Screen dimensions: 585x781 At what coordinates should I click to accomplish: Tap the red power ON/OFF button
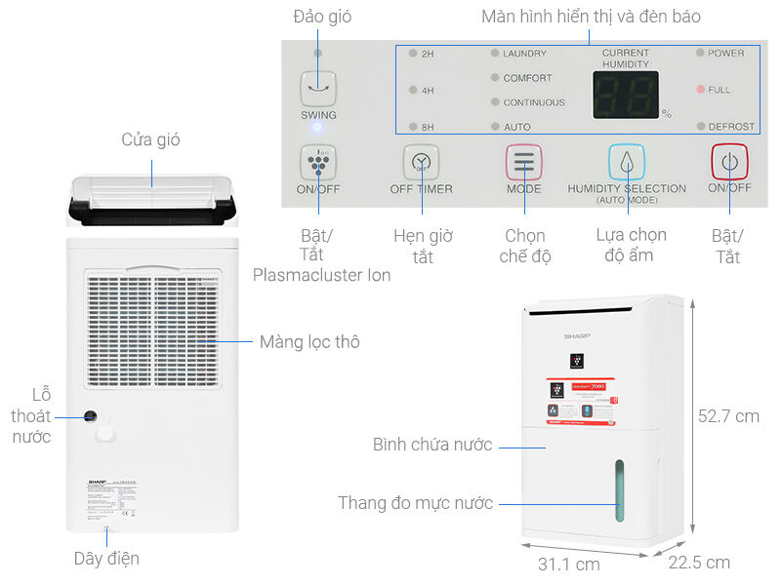728,161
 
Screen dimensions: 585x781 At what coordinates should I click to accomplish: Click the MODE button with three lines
523,161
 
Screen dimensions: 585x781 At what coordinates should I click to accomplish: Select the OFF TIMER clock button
421,161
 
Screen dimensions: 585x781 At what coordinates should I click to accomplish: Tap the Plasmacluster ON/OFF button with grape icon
318,161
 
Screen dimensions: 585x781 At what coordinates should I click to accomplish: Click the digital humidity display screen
625,96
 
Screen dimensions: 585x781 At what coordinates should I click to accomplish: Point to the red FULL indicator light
700,90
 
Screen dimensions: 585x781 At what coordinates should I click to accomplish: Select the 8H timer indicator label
428,127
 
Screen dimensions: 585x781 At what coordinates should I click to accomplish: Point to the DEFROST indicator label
731,127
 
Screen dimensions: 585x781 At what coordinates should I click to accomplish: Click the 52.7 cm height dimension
727,416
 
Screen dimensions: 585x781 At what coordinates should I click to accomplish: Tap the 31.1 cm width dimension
567,564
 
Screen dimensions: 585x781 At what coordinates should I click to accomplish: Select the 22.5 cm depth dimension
699,563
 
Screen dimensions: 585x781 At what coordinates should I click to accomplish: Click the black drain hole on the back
90,416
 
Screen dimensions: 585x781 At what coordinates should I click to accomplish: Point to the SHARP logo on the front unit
577,335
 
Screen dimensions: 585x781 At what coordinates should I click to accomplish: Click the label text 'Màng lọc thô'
309,342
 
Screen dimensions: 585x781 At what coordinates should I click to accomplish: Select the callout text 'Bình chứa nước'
432,446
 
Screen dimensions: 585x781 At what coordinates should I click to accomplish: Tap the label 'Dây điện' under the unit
106,559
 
